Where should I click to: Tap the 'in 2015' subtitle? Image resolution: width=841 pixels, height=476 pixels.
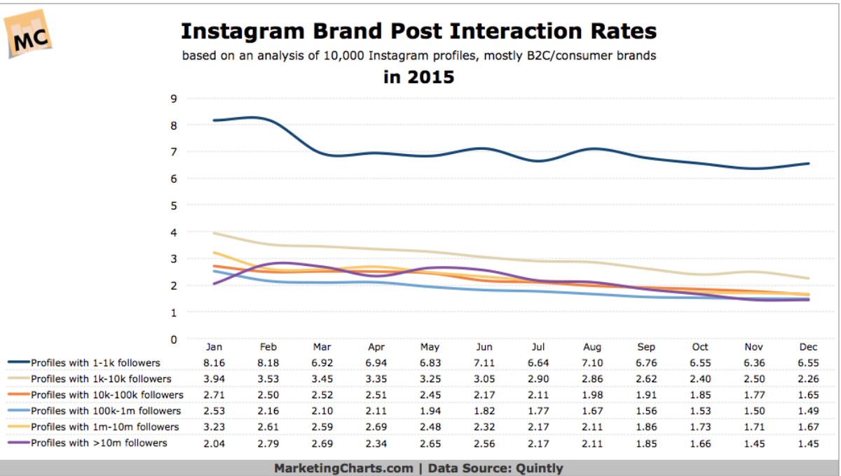tap(418, 77)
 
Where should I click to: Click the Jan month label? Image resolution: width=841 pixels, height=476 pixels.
tap(214, 347)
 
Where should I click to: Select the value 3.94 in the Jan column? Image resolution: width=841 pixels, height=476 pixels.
tap(214, 379)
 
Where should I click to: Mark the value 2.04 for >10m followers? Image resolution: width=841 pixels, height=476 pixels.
tap(214, 443)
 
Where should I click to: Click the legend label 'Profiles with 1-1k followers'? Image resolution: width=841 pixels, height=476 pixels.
tap(95, 363)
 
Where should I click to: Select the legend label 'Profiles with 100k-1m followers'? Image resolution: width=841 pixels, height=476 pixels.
tap(105, 411)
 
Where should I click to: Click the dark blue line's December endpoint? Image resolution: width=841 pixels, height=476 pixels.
tap(809, 164)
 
